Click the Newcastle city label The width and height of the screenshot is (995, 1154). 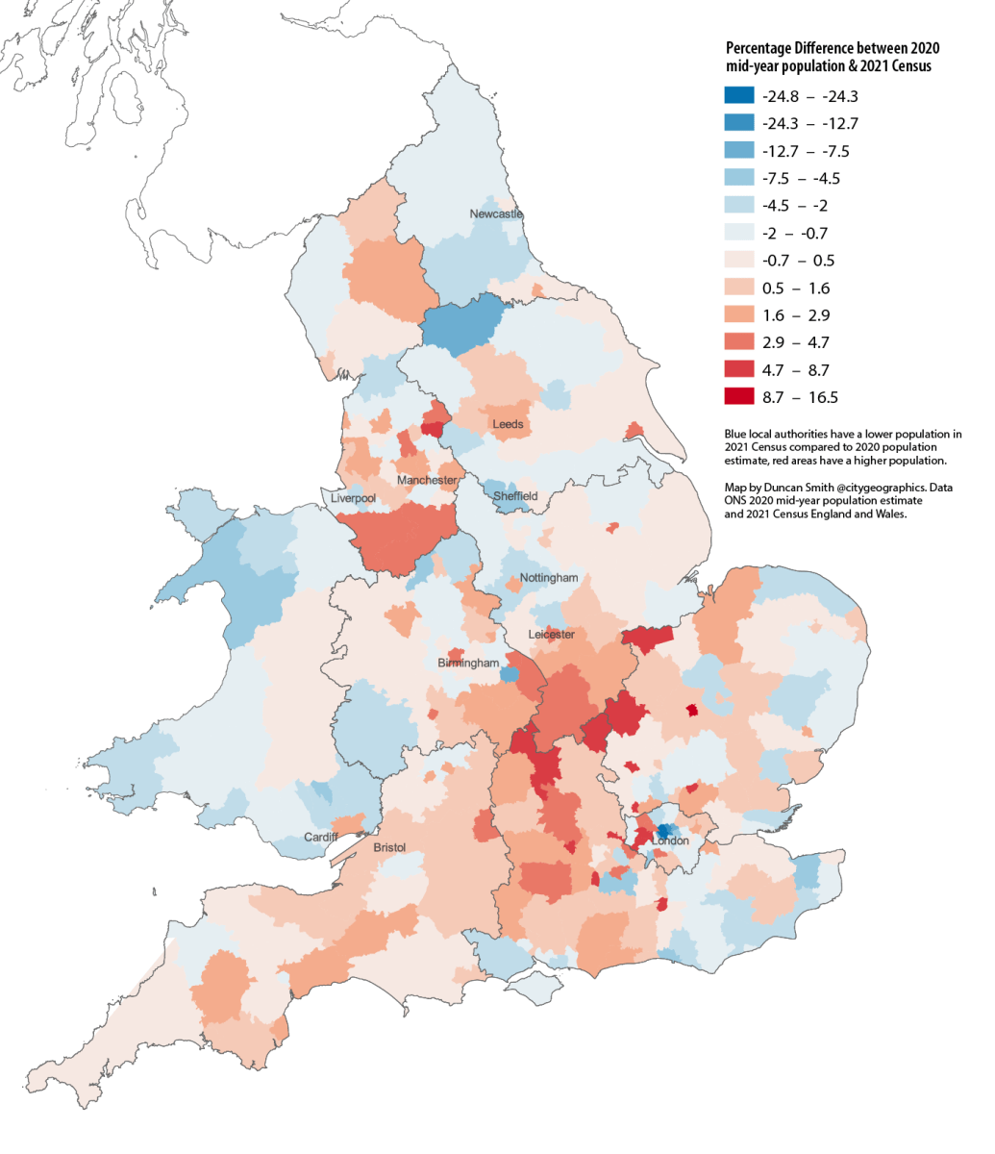tap(496, 213)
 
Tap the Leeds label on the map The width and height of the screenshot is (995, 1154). tap(508, 424)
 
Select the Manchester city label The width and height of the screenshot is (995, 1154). tap(427, 480)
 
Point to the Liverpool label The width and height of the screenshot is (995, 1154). tap(353, 499)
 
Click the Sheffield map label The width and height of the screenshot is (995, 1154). tap(515, 496)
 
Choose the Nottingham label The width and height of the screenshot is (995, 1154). tap(549, 578)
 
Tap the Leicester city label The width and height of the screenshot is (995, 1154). tap(552, 635)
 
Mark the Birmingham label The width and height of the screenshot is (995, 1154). tap(468, 664)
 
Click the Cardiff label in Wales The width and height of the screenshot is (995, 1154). tap(320, 838)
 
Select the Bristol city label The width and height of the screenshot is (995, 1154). tap(389, 847)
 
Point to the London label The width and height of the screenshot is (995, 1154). tap(670, 841)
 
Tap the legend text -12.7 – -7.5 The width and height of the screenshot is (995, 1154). tap(806, 151)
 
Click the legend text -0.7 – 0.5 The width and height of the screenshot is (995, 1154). tap(798, 261)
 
